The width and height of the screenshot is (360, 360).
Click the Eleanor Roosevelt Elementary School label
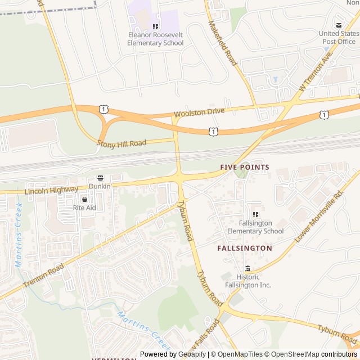point(155,39)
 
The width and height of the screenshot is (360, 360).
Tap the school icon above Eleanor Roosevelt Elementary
point(155,26)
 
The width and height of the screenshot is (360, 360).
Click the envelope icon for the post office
point(339,25)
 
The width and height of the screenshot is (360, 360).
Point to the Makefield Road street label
point(223,43)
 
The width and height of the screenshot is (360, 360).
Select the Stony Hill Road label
point(121,143)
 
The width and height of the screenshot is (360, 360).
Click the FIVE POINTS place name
point(245,168)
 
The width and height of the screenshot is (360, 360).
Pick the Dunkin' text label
point(101,186)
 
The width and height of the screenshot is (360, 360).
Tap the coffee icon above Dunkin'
point(101,178)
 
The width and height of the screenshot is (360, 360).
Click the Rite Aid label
point(84,208)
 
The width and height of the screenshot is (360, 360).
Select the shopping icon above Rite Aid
point(84,199)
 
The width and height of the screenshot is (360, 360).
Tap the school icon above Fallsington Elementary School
point(255,214)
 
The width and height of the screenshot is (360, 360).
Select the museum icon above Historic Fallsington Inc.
point(247,268)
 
